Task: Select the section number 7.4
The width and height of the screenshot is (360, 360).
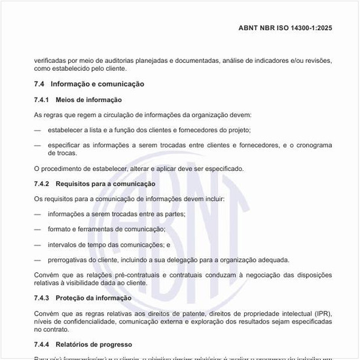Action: [39, 84]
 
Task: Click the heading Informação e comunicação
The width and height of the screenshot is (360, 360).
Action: [97, 84]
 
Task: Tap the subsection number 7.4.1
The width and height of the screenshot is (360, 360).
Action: [42, 99]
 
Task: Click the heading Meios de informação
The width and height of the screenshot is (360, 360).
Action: [89, 99]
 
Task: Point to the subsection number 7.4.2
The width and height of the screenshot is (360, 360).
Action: [42, 184]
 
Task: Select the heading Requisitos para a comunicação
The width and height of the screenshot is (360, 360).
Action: [105, 184]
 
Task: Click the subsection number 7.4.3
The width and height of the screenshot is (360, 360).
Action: [42, 298]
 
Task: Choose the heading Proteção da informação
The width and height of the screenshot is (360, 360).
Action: [94, 298]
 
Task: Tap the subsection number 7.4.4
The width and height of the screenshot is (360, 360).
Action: [42, 344]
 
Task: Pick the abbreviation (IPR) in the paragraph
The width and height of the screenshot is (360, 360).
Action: [319, 314]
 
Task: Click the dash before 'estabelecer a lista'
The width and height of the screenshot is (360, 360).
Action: [37, 130]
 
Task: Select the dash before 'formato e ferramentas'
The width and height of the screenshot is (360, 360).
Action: [37, 229]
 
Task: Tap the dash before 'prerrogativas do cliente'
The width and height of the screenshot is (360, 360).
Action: [37, 260]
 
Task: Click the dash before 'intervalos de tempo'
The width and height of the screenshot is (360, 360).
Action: [37, 245]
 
